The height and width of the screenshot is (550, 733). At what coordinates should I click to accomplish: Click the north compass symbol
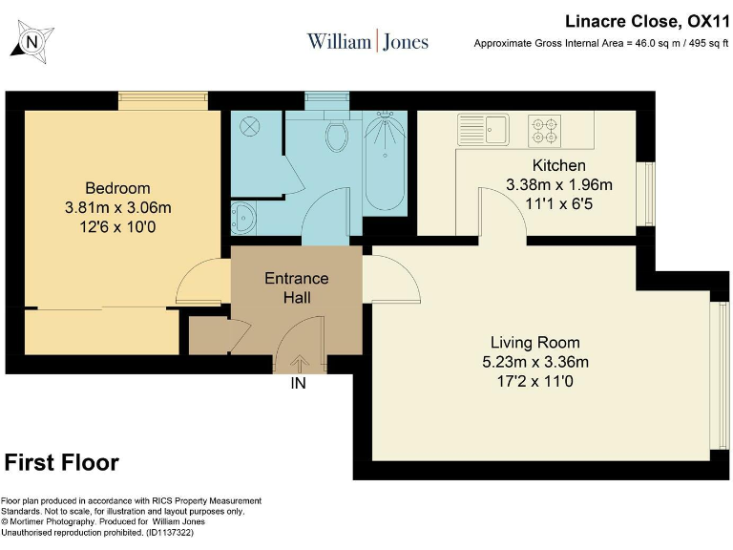point(32,42)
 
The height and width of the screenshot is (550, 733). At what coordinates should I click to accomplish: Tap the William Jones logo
point(367,41)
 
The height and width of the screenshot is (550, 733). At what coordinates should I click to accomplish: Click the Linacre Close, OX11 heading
point(647,22)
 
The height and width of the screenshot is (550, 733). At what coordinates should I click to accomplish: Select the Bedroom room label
point(117,188)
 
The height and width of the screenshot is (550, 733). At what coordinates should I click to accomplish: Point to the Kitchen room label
point(558,165)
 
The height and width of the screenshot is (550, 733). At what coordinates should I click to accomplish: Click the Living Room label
point(534,343)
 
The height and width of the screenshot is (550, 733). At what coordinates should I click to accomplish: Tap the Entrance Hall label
point(297,287)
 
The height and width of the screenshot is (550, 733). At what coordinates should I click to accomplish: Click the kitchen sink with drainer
point(483,130)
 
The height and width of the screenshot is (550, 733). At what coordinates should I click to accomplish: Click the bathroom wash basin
point(243,218)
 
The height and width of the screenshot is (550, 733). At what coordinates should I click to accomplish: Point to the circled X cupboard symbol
point(250,126)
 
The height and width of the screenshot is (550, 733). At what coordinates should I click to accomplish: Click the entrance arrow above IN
point(299,364)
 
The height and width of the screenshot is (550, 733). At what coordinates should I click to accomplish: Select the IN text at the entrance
point(298,384)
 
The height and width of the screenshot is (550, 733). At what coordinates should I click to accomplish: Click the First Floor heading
point(62,462)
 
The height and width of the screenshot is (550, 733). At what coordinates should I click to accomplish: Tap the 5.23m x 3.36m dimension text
point(535,362)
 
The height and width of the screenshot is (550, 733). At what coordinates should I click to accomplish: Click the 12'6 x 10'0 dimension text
point(117,227)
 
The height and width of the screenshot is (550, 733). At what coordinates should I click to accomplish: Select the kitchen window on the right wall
point(649,194)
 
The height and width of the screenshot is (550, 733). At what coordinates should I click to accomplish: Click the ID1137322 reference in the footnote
point(170,533)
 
